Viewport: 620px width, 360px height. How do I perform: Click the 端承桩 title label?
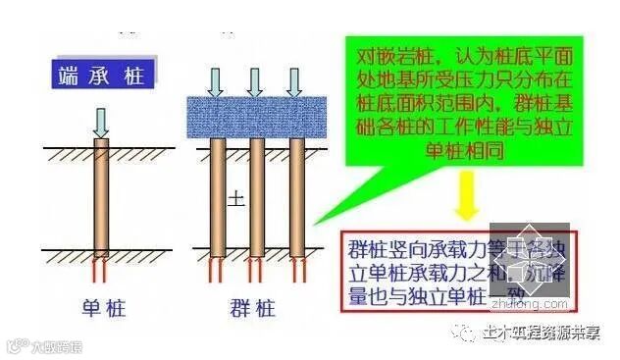click(x=98, y=75)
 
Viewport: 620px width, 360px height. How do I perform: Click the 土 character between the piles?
click(x=236, y=198)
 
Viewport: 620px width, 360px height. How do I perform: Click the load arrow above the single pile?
click(x=102, y=121)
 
